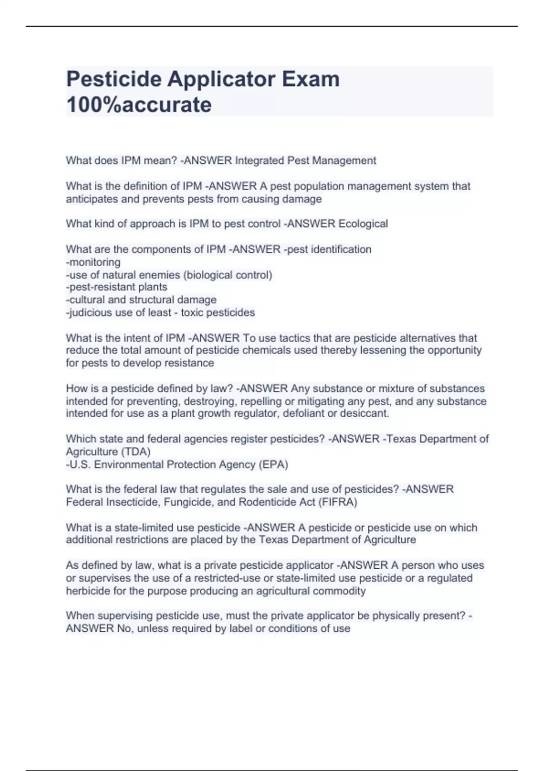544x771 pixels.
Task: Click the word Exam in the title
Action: click(311, 79)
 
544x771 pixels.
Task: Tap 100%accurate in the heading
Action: click(139, 105)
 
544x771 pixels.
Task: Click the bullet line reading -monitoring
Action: click(93, 262)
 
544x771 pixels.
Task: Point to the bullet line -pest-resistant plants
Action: click(117, 287)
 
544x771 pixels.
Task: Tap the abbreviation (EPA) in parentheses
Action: click(273, 464)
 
